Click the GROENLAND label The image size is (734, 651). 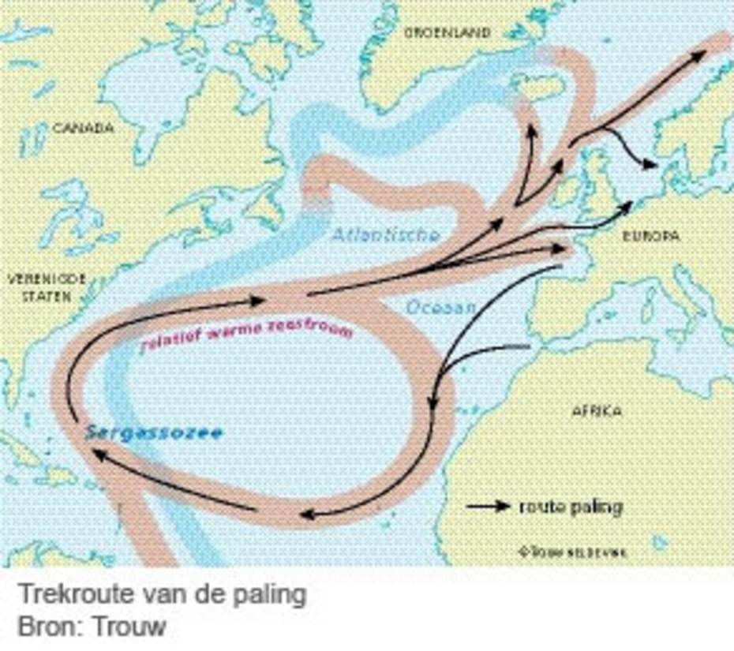pos(447,32)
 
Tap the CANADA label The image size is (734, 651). pos(83,127)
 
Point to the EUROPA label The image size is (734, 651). pos(651,235)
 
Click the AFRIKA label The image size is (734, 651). pos(596,410)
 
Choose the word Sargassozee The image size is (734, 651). pos(154,432)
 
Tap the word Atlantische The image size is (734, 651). pos(384,235)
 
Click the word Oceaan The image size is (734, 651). pos(441,307)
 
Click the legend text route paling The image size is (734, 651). pos(570,507)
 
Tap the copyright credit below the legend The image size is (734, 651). pos(572,552)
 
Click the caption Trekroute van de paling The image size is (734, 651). pos(161,594)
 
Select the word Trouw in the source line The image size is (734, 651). pos(130,627)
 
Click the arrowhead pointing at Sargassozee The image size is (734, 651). pos(96,452)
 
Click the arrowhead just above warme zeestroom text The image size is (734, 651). pos(256,301)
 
